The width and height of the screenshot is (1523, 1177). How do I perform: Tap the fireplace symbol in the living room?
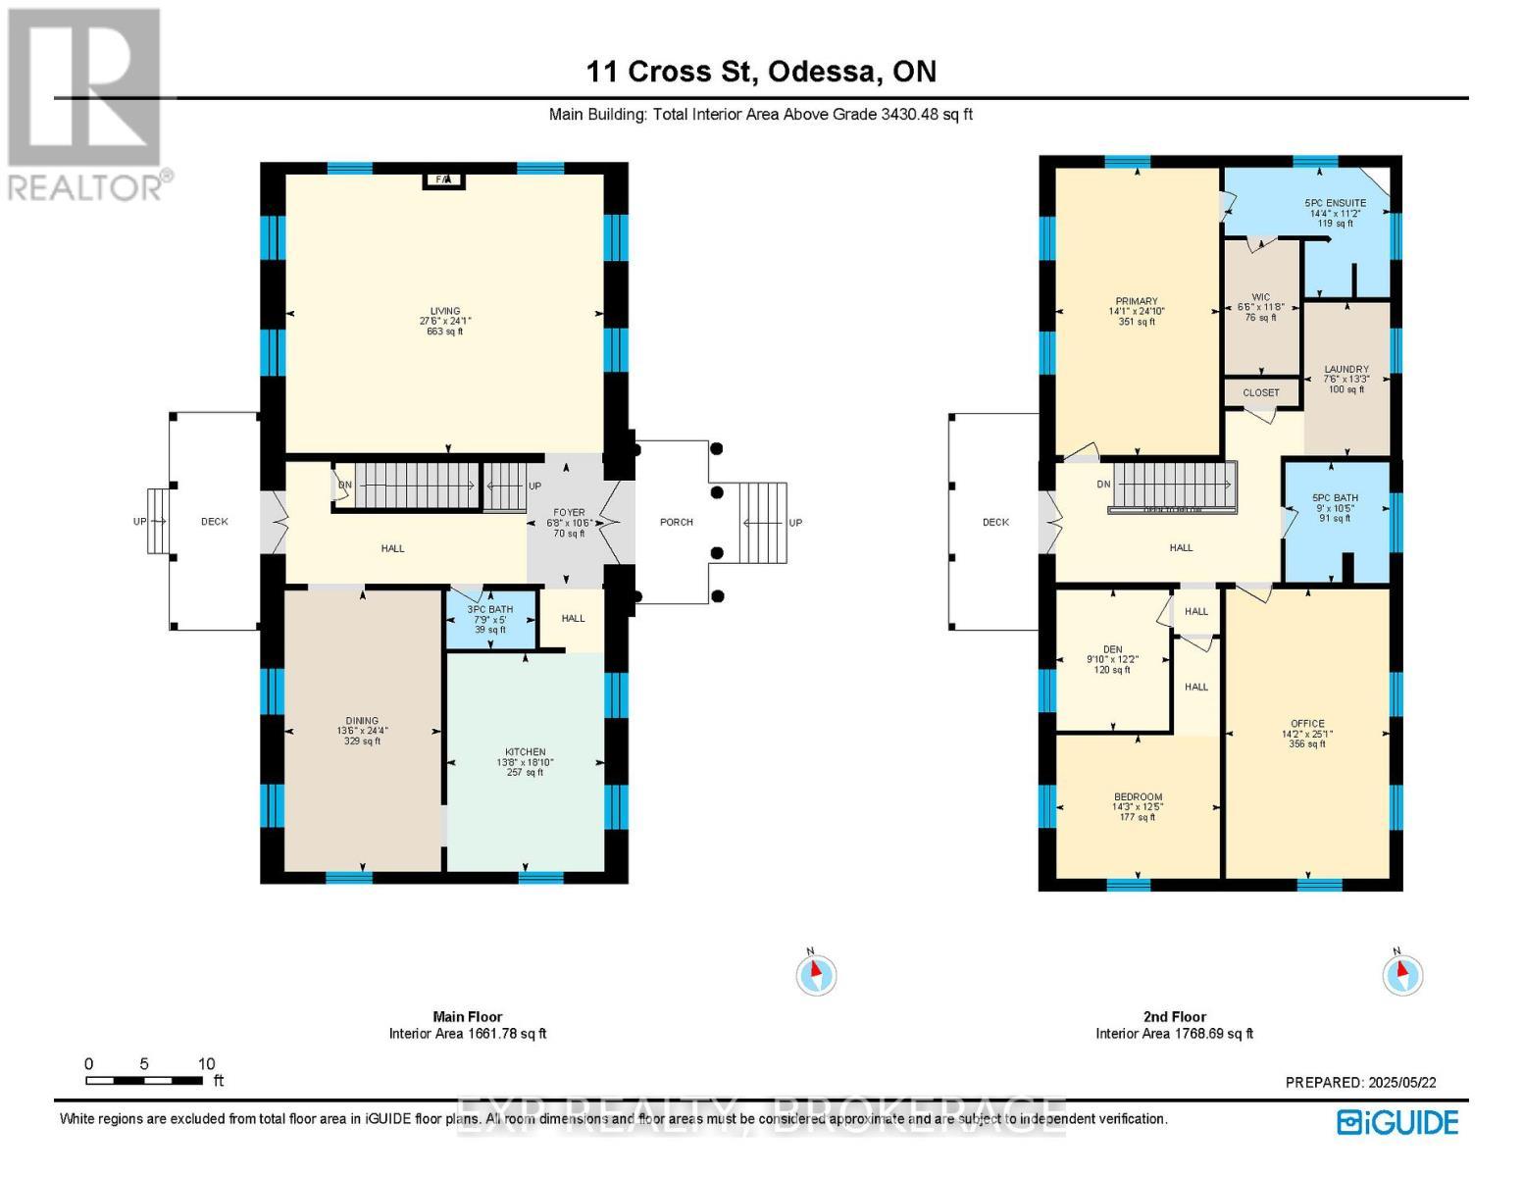click(443, 179)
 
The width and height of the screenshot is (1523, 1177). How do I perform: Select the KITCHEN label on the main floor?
click(526, 752)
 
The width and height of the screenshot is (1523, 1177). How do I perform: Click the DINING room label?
click(362, 721)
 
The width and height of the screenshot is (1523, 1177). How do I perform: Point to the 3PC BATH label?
click(490, 609)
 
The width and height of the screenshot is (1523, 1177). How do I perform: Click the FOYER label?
click(569, 512)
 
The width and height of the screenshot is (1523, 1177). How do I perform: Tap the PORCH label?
click(677, 522)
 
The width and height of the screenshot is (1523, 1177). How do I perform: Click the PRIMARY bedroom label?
click(1137, 301)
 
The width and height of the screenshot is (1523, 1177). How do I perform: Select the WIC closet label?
click(1261, 297)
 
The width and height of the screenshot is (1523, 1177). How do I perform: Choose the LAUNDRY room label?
click(1346, 370)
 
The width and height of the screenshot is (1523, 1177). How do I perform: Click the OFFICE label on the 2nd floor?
click(1307, 724)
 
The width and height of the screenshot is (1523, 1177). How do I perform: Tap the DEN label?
click(1112, 649)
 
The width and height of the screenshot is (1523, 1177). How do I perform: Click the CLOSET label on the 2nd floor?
click(1261, 392)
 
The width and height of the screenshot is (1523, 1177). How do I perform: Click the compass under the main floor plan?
click(816, 974)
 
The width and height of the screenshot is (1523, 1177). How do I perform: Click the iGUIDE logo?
click(1398, 1122)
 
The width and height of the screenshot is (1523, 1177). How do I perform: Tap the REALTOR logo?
click(86, 103)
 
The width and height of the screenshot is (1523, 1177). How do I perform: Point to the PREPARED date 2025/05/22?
click(1360, 1082)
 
